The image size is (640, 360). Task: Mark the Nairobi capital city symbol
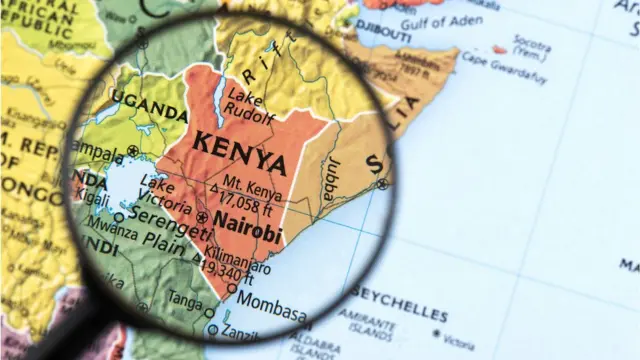pos(203,217)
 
